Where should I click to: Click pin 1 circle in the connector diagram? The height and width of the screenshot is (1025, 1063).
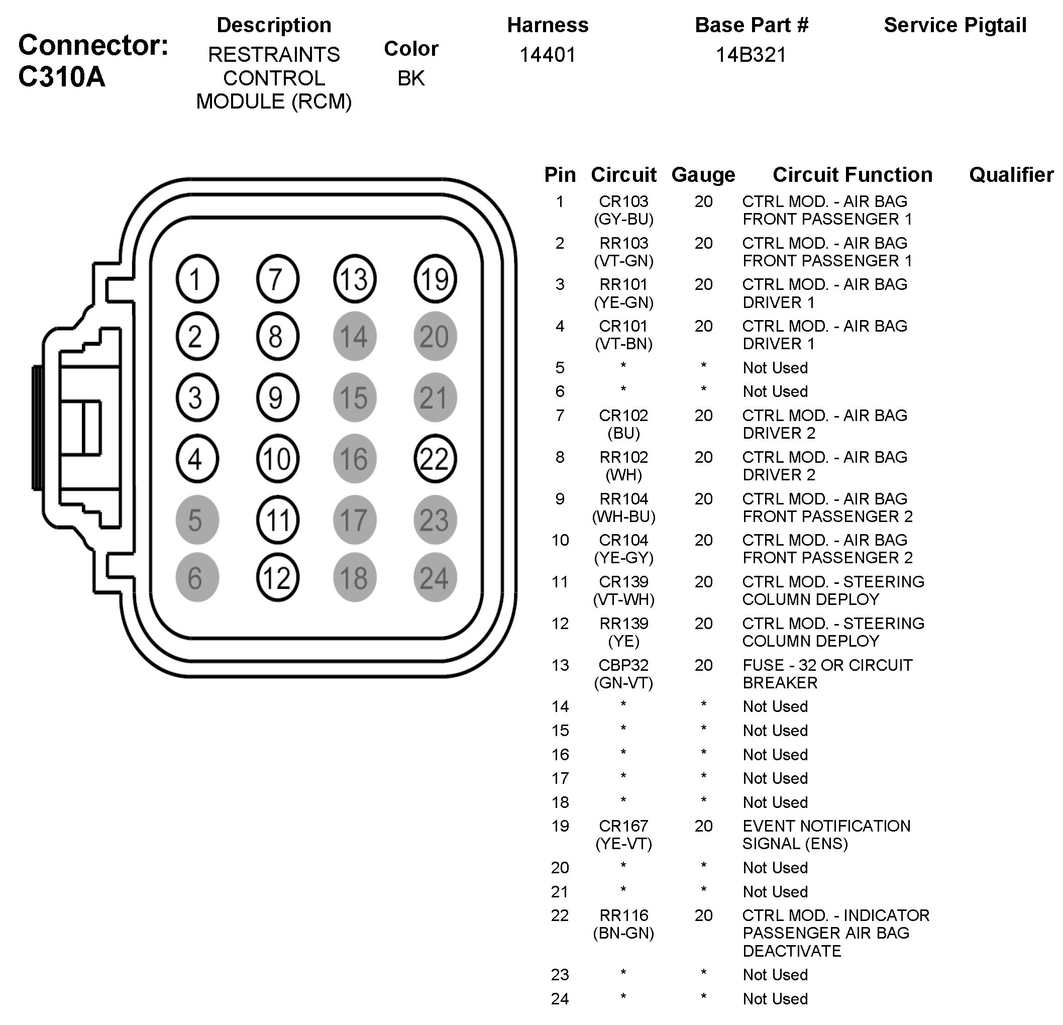[197, 279]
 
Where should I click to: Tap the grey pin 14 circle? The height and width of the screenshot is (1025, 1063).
[355, 336]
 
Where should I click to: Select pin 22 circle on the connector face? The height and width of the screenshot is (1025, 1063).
[435, 459]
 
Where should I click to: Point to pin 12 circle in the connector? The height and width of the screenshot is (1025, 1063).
[277, 578]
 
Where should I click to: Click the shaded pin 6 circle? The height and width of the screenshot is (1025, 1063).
[197, 578]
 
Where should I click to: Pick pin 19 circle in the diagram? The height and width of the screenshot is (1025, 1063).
[435, 279]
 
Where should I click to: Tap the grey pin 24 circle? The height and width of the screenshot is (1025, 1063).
[435, 578]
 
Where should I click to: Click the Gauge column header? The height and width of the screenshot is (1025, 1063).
[703, 175]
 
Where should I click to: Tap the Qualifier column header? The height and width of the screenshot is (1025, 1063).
[1011, 175]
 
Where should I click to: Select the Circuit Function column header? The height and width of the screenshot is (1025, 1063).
[852, 175]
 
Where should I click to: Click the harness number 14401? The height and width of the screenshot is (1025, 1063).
[547, 55]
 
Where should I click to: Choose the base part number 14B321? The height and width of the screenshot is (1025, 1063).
[751, 55]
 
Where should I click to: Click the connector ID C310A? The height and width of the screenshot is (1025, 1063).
[61, 76]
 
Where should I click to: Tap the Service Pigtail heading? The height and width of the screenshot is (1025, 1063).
[954, 25]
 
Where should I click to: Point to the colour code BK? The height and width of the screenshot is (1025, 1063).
[410, 79]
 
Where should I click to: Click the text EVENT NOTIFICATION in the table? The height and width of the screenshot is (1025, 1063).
[826, 826]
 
